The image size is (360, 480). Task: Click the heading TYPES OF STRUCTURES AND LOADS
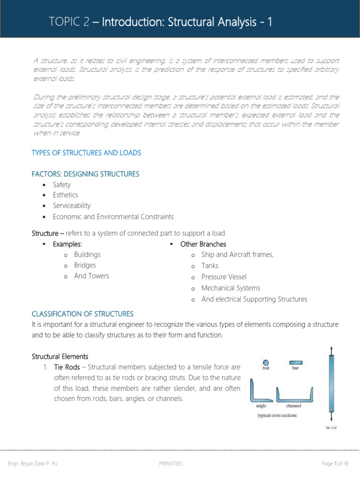(86, 153)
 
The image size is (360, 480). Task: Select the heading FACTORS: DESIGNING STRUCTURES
(85, 174)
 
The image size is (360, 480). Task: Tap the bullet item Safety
(62, 185)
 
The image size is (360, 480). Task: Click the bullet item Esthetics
(65, 195)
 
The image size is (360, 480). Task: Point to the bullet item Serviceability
(72, 206)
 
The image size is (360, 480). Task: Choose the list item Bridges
(85, 265)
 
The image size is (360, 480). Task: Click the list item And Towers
(91, 276)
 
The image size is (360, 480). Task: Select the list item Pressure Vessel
(224, 277)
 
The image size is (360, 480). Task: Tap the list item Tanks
(210, 265)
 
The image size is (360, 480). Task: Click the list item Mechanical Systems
(231, 288)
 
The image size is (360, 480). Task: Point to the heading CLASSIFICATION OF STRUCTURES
(82, 314)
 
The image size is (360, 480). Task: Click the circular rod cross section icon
(266, 362)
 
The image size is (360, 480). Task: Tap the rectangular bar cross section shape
(296, 362)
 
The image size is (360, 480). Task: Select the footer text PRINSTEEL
(172, 464)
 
